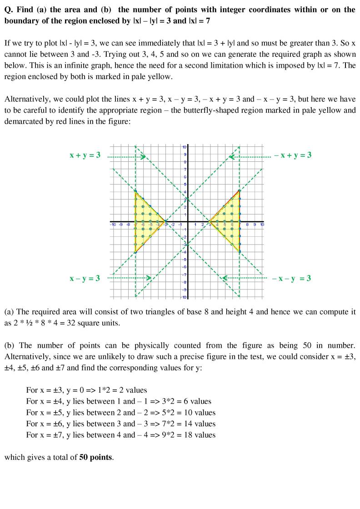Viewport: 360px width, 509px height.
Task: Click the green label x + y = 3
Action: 85,155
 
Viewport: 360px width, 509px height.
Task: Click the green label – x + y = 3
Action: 293,155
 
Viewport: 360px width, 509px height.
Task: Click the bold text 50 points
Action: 95,457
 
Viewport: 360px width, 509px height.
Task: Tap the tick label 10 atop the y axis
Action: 184,147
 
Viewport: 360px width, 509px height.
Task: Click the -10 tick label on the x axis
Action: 113,225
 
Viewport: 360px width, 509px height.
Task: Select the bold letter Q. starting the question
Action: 8,10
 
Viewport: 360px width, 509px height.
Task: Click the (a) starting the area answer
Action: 9,312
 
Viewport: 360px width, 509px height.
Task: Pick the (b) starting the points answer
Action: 9,346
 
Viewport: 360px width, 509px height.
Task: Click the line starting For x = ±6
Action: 120,424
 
